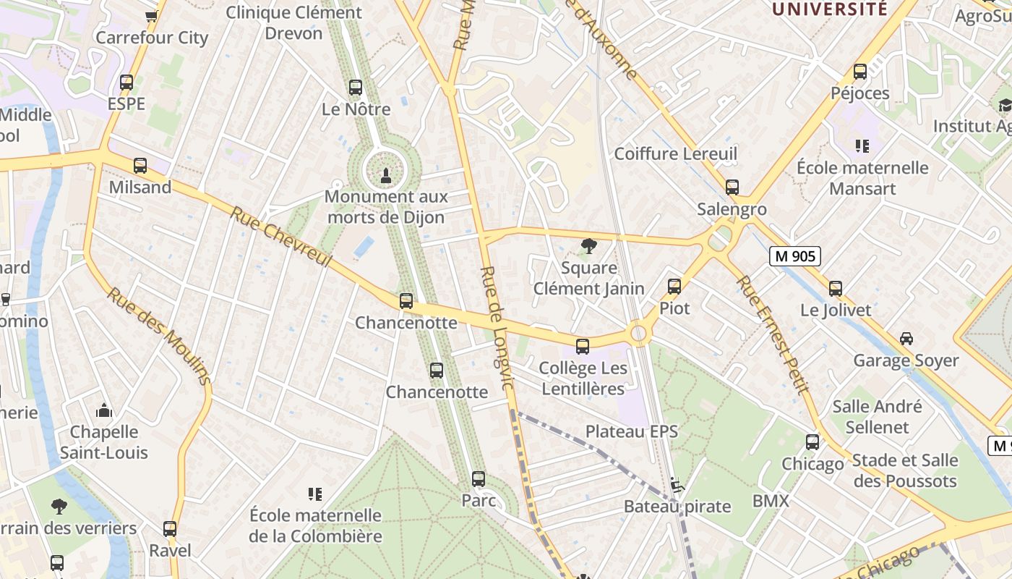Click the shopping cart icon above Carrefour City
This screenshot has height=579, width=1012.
[x=151, y=16]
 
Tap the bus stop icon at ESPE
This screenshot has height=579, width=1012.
[x=126, y=83]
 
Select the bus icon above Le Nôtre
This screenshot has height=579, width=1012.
[x=355, y=88]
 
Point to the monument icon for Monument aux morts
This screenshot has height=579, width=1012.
[x=385, y=174]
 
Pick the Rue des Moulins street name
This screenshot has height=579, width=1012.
[x=160, y=336]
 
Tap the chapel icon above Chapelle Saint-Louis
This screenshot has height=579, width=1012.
[x=104, y=411]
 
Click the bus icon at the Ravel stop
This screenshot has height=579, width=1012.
[x=170, y=529]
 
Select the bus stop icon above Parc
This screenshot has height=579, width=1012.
[x=478, y=479]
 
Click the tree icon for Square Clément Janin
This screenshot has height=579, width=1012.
[x=589, y=246]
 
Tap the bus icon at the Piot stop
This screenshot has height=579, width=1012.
[x=674, y=287]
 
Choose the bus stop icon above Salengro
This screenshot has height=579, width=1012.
[x=732, y=187]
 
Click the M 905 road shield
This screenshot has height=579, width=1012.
[x=794, y=255]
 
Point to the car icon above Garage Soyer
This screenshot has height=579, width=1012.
[x=906, y=339]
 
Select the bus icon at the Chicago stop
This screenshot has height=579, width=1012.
[x=812, y=442]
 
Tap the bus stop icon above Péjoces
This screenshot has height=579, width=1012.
[x=859, y=72]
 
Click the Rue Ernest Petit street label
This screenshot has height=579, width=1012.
[x=771, y=334]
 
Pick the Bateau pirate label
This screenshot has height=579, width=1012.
[x=677, y=506]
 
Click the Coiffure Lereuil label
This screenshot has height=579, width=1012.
[x=675, y=153]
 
